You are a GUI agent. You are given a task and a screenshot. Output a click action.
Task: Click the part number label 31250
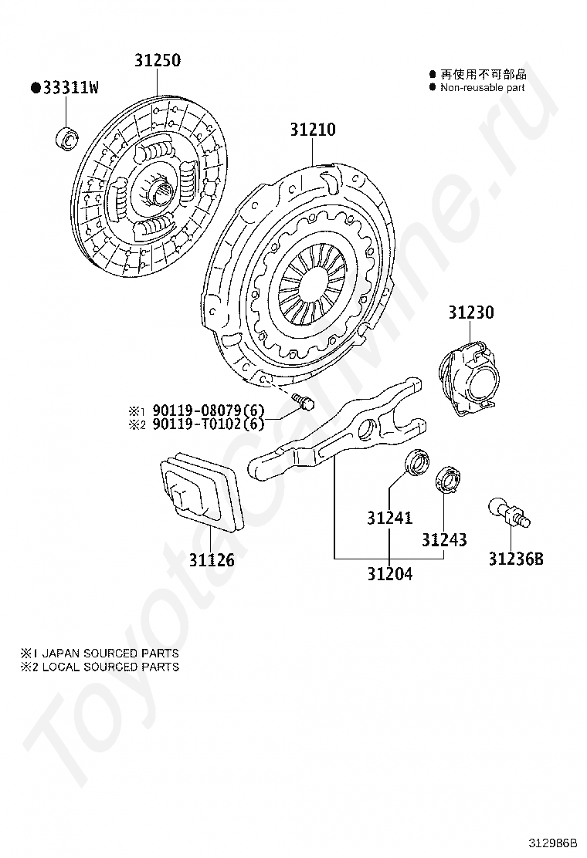coord(158,60)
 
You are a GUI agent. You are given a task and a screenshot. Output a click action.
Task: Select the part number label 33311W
coord(65,88)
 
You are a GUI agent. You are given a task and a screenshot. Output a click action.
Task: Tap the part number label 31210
coord(313,130)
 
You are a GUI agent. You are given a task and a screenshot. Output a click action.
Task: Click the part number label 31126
coord(211,559)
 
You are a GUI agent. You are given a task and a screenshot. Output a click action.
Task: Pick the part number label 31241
coord(389,518)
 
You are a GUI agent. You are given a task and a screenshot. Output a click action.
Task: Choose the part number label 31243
coord(444,539)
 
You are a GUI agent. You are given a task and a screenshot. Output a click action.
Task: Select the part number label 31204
coord(389,574)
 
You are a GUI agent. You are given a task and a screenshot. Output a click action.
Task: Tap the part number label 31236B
coord(515,559)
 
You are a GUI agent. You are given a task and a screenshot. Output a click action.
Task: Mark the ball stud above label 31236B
coord(510,513)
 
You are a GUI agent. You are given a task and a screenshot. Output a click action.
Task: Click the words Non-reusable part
coord(482,88)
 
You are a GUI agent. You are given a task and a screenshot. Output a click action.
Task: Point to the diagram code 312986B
coord(554,843)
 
